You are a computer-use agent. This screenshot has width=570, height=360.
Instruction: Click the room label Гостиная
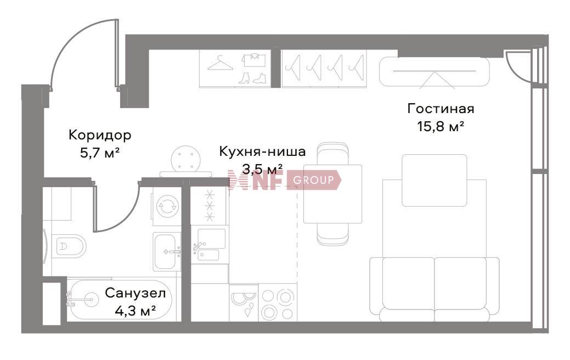click(441, 109)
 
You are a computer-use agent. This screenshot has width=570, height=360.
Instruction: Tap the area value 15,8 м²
click(441, 127)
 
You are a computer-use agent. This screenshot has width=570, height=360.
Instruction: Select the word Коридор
click(100, 135)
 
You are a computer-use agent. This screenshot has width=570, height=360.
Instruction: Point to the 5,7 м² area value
click(100, 153)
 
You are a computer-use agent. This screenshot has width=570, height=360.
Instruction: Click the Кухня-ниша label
click(262, 151)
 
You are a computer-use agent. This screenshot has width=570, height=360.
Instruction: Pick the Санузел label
click(136, 293)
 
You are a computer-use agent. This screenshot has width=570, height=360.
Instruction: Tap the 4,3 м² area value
click(136, 311)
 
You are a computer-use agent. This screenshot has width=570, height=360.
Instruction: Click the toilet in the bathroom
click(68, 246)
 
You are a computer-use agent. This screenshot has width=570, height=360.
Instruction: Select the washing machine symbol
click(167, 207)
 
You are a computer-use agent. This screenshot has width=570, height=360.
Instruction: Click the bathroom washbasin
click(167, 251)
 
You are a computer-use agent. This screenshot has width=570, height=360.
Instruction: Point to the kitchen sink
click(210, 245)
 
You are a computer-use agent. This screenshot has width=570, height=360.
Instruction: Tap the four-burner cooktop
click(278, 304)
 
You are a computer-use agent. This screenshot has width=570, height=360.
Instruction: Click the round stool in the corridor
click(186, 159)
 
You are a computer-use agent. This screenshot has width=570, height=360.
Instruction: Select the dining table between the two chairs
click(332, 194)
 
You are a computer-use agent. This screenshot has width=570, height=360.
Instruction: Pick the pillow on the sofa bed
click(434, 181)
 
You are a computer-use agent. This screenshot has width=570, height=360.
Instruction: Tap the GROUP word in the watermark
click(313, 180)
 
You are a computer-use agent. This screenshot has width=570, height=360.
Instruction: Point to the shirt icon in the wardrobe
click(255, 60)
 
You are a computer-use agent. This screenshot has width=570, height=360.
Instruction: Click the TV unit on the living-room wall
click(434, 71)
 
